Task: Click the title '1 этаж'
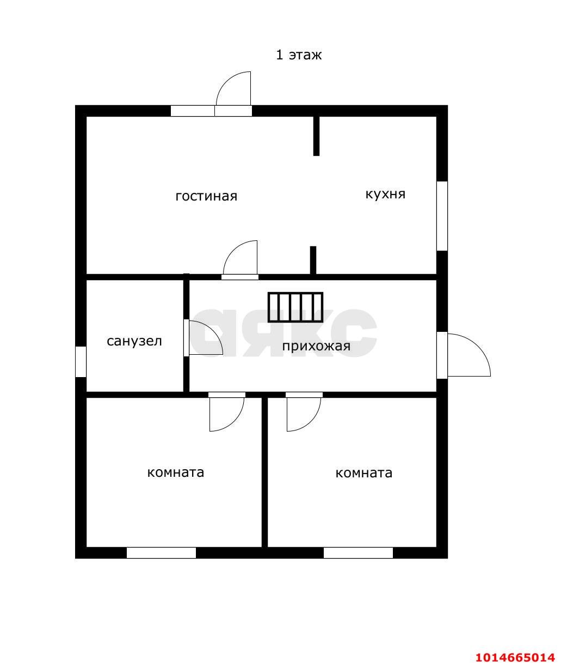tap(299, 55)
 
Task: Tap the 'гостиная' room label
tap(206, 196)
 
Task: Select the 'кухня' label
tap(385, 194)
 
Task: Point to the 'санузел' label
tap(134, 341)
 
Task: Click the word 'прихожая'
tap(316, 346)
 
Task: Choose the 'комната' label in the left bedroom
tap(176, 472)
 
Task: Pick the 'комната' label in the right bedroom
tap(363, 473)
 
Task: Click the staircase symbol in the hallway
tap(295, 307)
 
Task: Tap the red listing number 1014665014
tap(515, 654)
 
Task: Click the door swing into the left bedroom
tap(235, 422)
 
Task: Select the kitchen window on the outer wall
tap(442, 216)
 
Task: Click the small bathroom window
tap(81, 362)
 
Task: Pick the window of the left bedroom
tap(161, 553)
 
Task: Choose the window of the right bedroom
tap(358, 553)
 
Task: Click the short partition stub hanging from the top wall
tap(316, 136)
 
